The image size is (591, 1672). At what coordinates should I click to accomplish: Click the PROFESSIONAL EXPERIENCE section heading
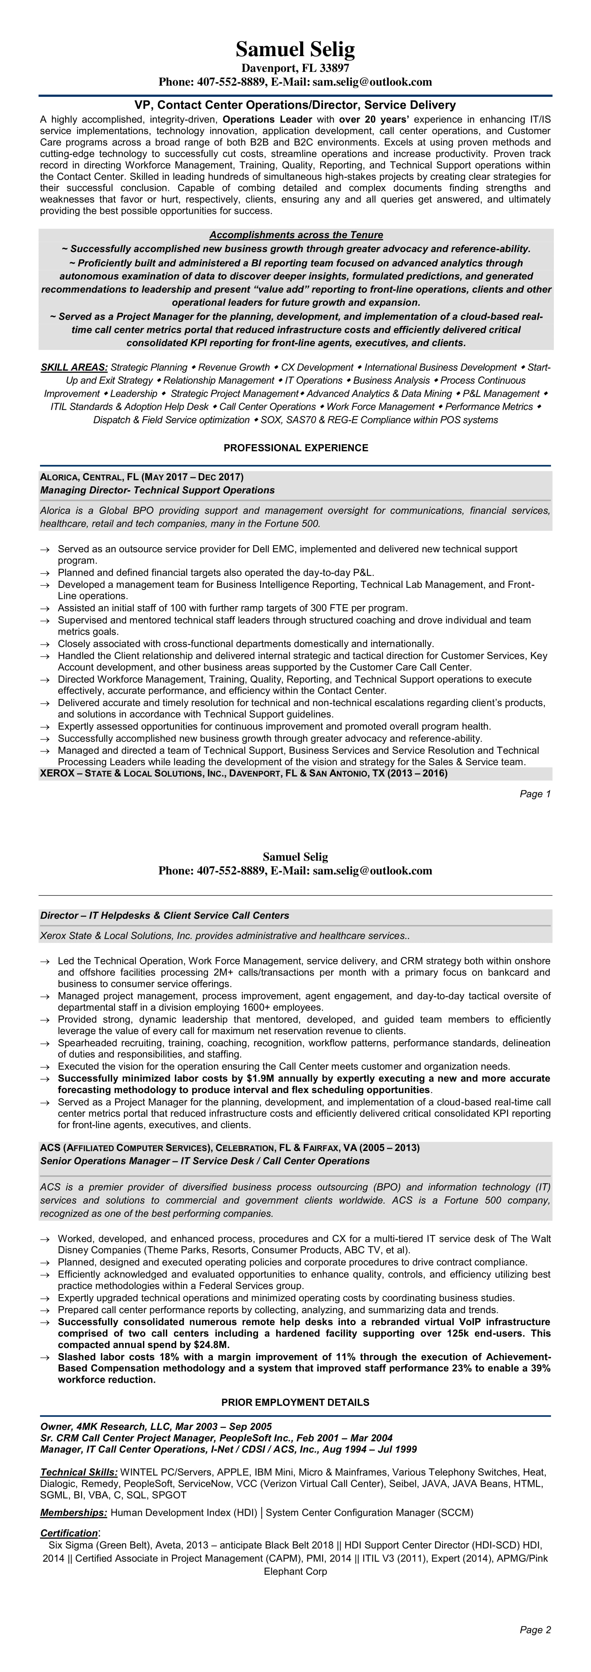(295, 448)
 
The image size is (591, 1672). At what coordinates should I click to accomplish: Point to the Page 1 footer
(535, 794)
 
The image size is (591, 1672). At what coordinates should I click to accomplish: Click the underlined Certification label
(69, 1533)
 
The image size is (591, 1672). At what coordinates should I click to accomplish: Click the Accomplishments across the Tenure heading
(296, 235)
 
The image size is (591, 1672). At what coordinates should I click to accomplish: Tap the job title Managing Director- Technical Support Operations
(157, 490)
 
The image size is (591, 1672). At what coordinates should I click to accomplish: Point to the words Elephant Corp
(295, 1572)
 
